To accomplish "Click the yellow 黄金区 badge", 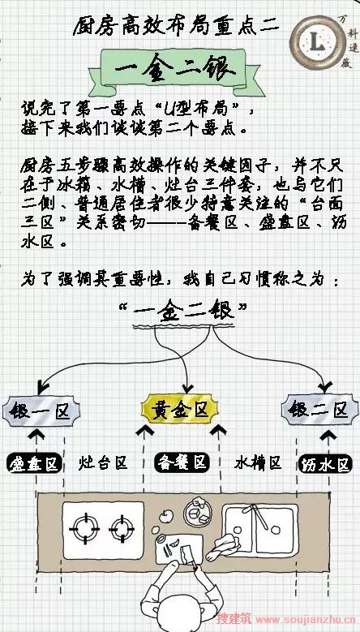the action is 180,410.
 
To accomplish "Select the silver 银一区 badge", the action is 41,411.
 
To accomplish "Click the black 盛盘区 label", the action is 34,463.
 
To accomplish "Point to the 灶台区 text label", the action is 103,462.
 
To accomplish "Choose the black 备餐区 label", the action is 182,462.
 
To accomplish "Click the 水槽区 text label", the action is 258,462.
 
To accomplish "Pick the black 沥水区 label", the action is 324,464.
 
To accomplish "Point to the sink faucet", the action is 256,516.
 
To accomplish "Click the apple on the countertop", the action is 166,515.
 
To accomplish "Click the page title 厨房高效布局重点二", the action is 176,27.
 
